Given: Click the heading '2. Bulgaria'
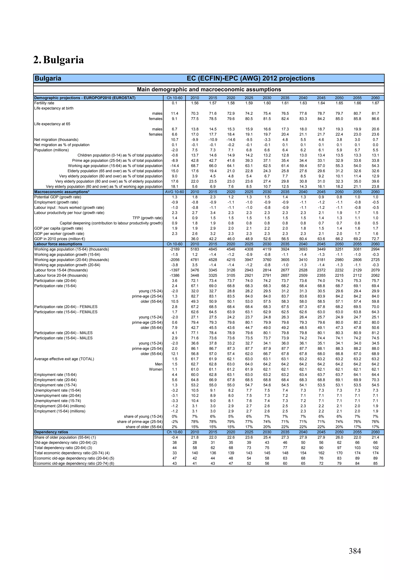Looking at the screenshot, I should (59, 60).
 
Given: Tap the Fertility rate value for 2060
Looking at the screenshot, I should (375, 103).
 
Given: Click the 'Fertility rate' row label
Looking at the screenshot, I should (44, 103).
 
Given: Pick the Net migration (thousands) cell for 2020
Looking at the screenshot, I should (231, 140).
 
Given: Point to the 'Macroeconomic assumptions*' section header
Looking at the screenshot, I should (62, 192).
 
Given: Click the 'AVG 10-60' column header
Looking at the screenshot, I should (174, 192).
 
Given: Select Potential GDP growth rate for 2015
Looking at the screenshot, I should (213, 197).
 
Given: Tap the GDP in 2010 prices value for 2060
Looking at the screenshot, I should (375, 239).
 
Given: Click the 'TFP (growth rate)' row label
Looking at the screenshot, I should (147, 218).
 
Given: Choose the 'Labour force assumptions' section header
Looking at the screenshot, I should (58, 244).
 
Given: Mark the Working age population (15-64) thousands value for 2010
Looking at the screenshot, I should (195, 249).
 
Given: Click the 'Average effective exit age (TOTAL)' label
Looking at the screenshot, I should (64, 359).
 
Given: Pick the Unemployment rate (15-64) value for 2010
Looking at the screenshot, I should (195, 390).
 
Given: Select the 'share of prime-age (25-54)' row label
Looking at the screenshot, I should (140, 422).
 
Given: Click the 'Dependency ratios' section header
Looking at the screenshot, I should (51, 432).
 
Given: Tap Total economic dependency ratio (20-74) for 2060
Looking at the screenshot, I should (375, 453).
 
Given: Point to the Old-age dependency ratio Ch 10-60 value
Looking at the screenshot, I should (174, 443).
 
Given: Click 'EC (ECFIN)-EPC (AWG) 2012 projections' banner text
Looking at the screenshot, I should (251, 78).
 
